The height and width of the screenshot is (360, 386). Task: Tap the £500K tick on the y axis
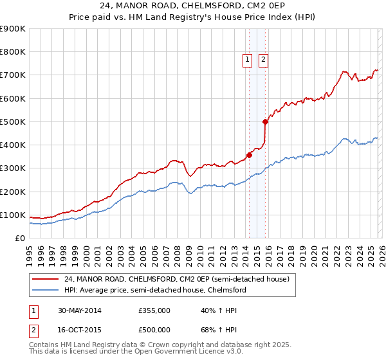pyautogui.click(x=12, y=122)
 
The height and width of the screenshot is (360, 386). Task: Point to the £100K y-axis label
pyautogui.click(x=12, y=215)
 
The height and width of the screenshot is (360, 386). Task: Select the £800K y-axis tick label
pyautogui.click(x=12, y=52)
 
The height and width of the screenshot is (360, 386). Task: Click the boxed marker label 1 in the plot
pyautogui.click(x=248, y=60)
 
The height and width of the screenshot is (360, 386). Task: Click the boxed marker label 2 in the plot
pyautogui.click(x=264, y=60)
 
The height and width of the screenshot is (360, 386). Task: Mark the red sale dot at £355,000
pyautogui.click(x=249, y=155)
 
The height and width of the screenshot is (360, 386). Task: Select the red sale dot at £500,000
pyautogui.click(x=265, y=122)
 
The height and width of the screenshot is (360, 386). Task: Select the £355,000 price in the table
pyautogui.click(x=154, y=310)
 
